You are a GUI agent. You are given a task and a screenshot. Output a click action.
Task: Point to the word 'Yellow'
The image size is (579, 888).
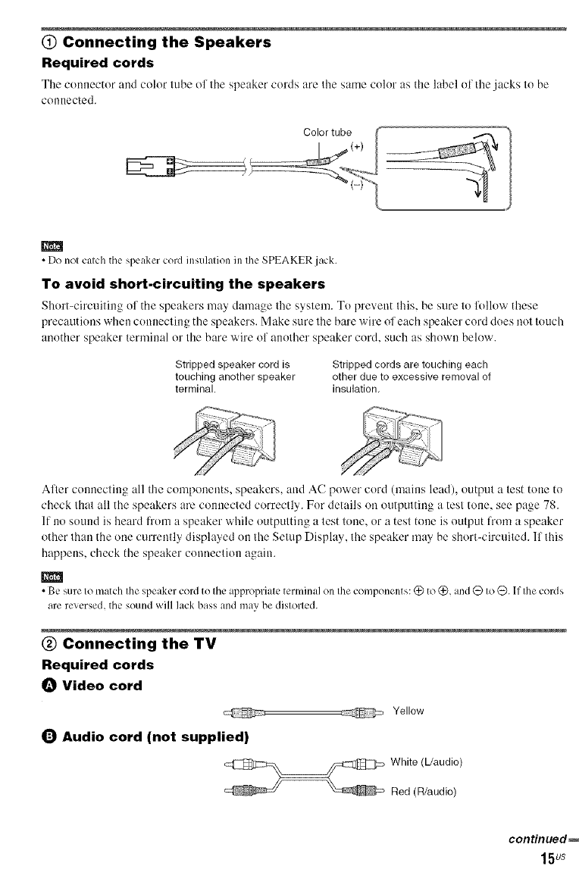coord(409,711)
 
